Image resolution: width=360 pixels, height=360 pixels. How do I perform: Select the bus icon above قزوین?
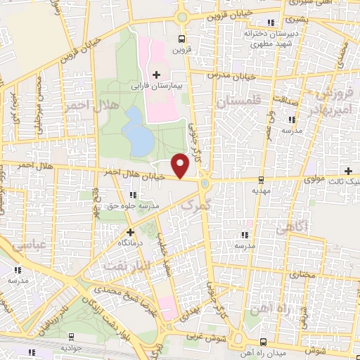tap(182, 39)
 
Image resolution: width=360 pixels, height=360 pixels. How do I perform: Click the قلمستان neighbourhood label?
tap(238, 102)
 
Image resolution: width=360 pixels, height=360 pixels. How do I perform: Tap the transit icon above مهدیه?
tap(262, 179)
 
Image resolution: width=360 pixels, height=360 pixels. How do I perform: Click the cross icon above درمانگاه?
tap(129, 231)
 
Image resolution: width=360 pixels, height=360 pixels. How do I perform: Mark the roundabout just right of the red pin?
tap(205, 184)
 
